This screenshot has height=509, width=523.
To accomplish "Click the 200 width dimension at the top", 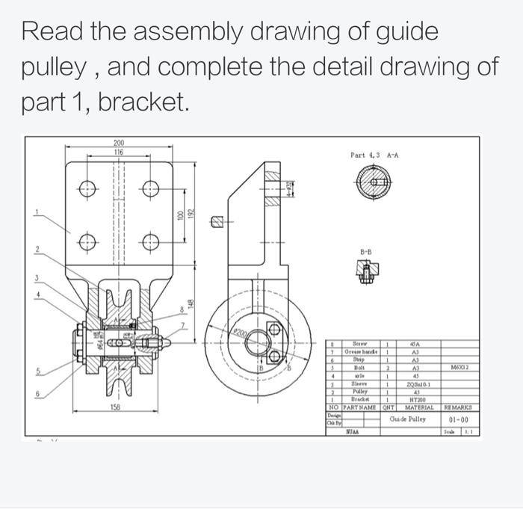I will [119, 142].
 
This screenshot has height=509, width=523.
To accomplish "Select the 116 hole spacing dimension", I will [119, 152].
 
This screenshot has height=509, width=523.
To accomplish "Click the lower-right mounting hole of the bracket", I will [152, 241].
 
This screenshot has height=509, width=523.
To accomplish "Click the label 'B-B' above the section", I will [366, 253].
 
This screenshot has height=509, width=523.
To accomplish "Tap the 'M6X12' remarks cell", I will [459, 367].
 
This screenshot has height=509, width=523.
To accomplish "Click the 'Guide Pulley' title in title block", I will [408, 419].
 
